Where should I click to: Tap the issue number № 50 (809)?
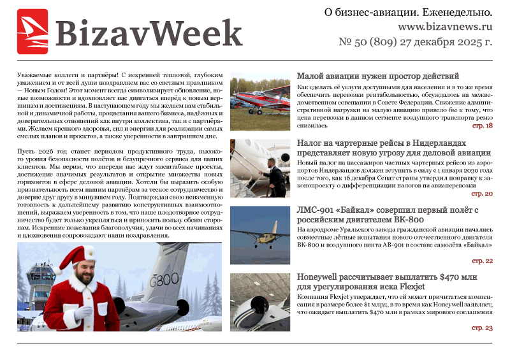pos(370,43)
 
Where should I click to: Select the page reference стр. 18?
pos(483,126)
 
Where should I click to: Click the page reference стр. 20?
pos(483,193)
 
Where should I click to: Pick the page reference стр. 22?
pos(483,261)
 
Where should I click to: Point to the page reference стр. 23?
pos(483,328)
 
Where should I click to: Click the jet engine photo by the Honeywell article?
pos(259,302)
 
